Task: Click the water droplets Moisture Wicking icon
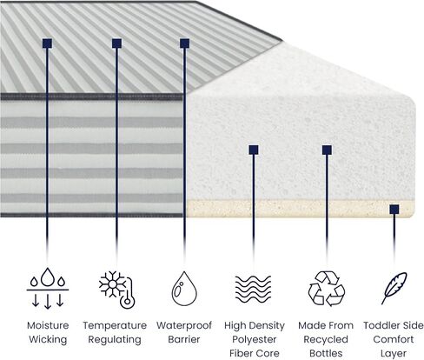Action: pyautogui.click(x=48, y=288)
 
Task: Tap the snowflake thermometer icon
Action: pyautogui.click(x=116, y=290)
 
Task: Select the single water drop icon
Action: pyautogui.click(x=184, y=289)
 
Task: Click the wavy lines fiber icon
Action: pyautogui.click(x=253, y=289)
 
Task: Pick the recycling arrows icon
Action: pyautogui.click(x=327, y=289)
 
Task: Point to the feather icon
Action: pyautogui.click(x=394, y=288)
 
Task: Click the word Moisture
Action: pyautogui.click(x=48, y=325)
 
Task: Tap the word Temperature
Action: pyautogui.click(x=115, y=326)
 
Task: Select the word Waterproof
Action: pyautogui.click(x=184, y=326)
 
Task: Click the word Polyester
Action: pyautogui.click(x=254, y=340)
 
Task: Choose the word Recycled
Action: pyautogui.click(x=326, y=339)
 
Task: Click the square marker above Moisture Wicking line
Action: pyautogui.click(x=47, y=43)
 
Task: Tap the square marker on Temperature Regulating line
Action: pyautogui.click(x=116, y=43)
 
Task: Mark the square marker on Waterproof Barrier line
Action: pyautogui.click(x=185, y=43)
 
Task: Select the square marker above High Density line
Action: pyautogui.click(x=254, y=150)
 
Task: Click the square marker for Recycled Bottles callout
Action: pyautogui.click(x=327, y=150)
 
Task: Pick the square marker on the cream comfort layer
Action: pyautogui.click(x=394, y=210)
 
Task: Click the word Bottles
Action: pyautogui.click(x=326, y=353)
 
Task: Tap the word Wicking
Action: pyautogui.click(x=48, y=339)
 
